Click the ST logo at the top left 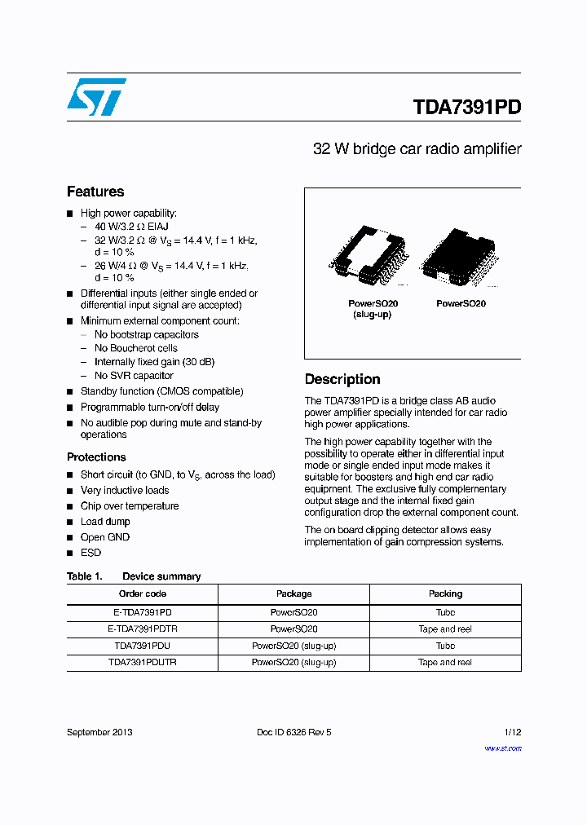point(96,97)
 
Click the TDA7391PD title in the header point(466,108)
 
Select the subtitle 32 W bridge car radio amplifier point(417,149)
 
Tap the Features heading point(95,192)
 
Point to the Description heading point(342,379)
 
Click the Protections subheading point(96,457)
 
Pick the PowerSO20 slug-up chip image point(369,257)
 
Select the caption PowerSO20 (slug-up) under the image point(372,309)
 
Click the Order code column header point(143,593)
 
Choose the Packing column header point(445,593)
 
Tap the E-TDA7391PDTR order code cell point(143,629)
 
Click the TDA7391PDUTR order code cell point(143,662)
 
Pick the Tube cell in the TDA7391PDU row point(445,646)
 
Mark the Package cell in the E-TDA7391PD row point(293,612)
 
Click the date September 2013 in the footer point(99,732)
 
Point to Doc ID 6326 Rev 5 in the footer point(293,732)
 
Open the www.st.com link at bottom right point(502,748)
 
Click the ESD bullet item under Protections point(90,553)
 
